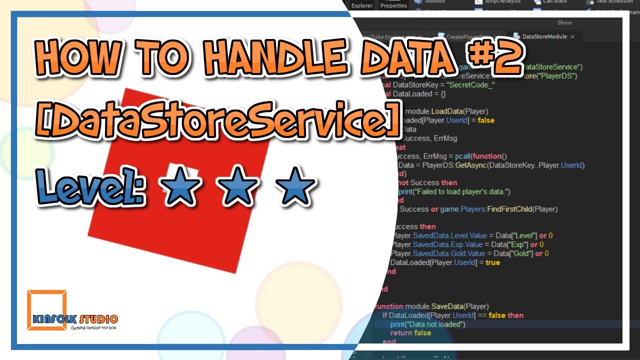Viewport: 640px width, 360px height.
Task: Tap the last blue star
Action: pos(297,187)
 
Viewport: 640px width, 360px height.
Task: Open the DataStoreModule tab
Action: pos(544,36)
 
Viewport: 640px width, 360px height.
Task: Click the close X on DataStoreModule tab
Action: pos(572,36)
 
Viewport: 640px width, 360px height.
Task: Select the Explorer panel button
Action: pos(362,5)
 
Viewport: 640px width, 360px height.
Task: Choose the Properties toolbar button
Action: pos(393,5)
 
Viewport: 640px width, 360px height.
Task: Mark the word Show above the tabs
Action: pos(564,23)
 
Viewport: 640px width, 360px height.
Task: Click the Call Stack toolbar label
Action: pos(555,2)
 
